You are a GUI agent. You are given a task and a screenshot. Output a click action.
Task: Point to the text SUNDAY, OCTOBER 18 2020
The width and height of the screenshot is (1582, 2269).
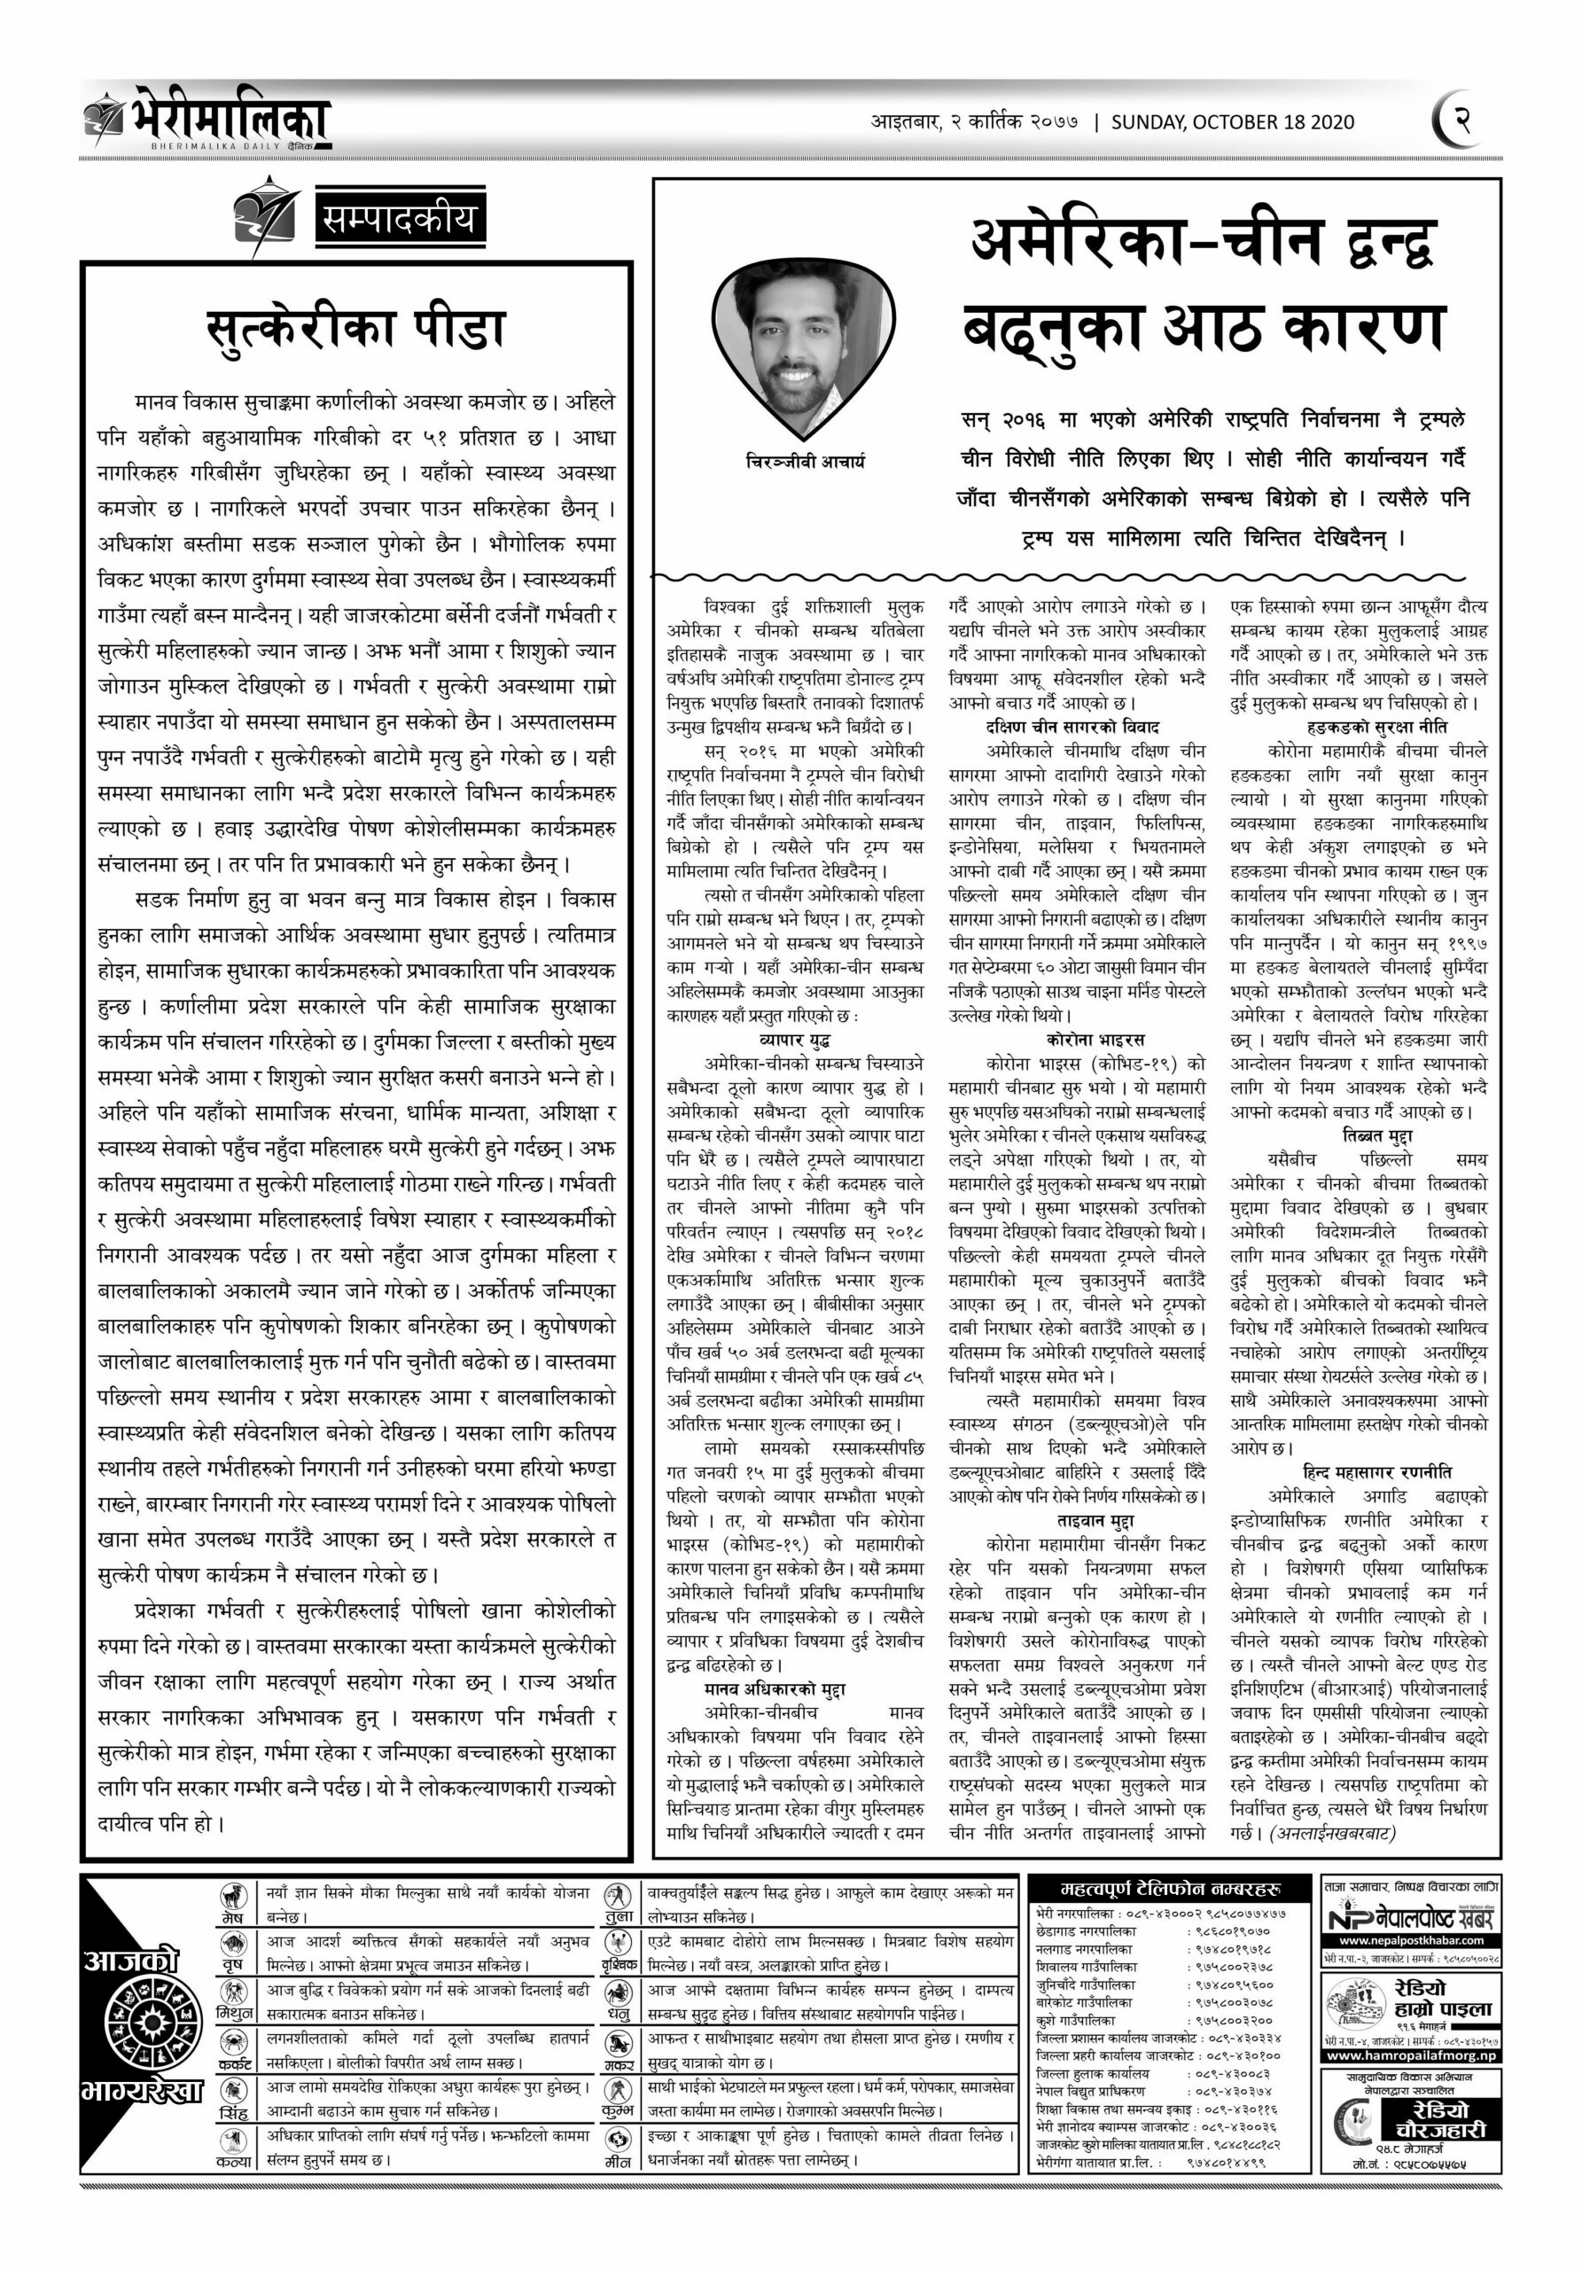coord(1232,122)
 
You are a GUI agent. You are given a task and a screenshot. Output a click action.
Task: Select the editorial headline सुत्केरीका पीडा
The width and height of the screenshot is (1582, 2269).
coord(355,328)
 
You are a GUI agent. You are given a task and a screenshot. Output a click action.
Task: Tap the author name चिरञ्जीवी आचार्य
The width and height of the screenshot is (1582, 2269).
coord(806,461)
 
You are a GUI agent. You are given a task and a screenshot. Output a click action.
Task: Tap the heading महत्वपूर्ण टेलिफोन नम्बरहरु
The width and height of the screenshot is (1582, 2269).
coord(1170,1889)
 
